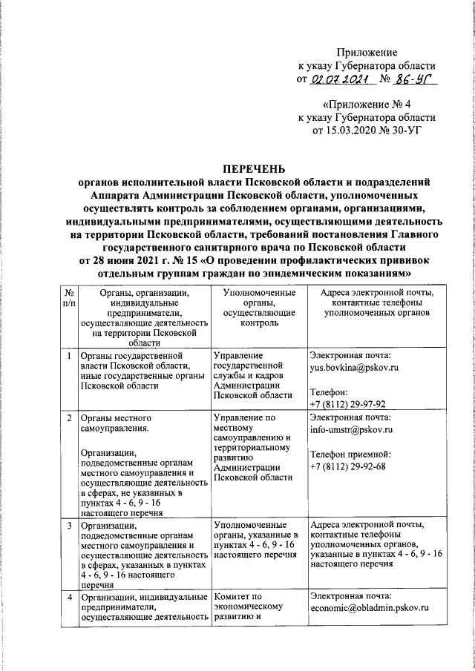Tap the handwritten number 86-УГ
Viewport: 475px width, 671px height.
[x=413, y=79]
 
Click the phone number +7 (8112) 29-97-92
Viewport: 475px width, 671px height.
[x=347, y=404]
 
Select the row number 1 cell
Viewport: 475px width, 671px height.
[x=68, y=355]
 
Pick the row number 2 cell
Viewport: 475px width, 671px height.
[x=68, y=417]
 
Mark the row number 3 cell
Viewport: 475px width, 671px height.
[x=68, y=526]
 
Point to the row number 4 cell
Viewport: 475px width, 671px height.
[x=68, y=597]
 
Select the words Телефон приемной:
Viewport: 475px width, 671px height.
[x=348, y=454]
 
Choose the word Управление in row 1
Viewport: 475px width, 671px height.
[x=238, y=354]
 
